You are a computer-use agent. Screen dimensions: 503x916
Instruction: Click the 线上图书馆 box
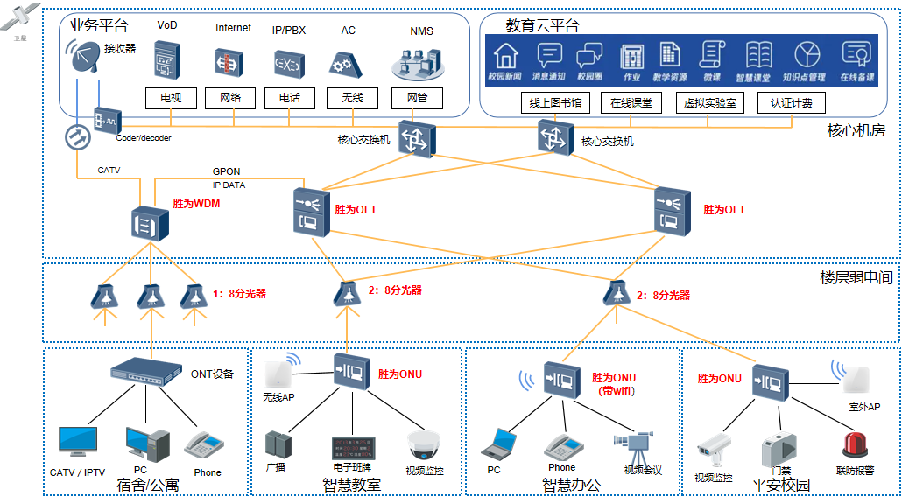555,102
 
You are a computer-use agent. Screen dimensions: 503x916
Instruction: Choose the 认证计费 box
791,102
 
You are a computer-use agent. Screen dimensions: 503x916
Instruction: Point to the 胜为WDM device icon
149,223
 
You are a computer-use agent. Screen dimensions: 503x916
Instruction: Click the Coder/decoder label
144,138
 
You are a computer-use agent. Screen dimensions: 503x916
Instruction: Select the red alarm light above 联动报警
855,444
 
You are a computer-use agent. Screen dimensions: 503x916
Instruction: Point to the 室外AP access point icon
854,375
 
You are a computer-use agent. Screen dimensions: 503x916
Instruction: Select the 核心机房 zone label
856,131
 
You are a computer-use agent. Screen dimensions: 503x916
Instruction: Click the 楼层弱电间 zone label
856,277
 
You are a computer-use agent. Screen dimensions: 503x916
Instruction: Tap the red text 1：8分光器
239,294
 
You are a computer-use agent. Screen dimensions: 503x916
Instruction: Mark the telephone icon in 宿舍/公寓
206,444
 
